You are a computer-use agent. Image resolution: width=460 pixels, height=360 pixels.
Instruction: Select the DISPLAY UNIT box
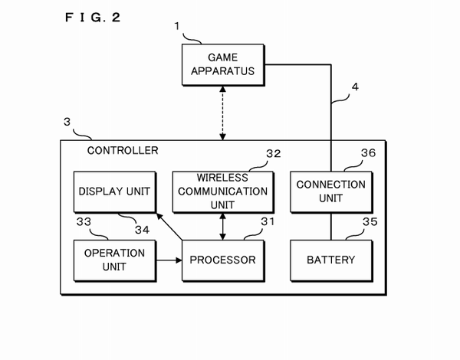coord(114,191)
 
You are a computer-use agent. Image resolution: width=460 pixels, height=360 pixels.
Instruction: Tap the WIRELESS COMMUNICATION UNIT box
coord(222,191)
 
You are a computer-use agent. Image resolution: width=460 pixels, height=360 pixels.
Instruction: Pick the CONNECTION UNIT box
coord(330,191)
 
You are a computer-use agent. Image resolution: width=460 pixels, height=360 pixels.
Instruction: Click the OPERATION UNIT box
coord(114,260)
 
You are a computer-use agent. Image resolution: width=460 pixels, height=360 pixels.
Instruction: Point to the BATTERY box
coord(330,260)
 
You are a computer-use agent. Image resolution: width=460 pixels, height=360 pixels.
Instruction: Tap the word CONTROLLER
coord(123,151)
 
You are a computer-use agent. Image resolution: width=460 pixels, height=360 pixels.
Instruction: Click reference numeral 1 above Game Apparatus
coord(177,27)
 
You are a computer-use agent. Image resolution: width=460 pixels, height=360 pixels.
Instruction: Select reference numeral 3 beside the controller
coord(67,122)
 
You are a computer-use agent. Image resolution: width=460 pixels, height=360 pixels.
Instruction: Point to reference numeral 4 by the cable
coord(354,87)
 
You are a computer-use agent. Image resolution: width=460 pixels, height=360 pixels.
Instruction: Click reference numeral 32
coord(274,153)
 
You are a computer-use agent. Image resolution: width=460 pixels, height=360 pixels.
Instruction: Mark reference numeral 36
coord(369,153)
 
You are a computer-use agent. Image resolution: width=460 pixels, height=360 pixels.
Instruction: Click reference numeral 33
coord(84,222)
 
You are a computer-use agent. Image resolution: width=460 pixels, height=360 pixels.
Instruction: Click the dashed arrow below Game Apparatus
coord(223,113)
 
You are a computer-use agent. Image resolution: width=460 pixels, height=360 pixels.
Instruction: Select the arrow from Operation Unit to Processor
coord(168,260)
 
